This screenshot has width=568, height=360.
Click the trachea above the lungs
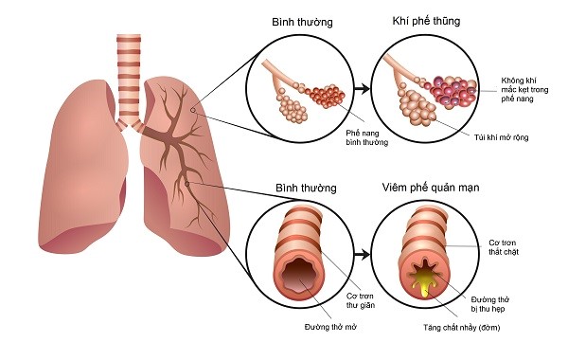[128, 76]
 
